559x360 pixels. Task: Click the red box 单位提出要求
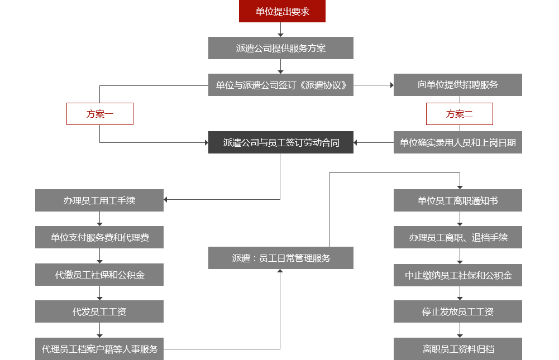tap(282, 11)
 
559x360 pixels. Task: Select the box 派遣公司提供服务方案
tap(281, 48)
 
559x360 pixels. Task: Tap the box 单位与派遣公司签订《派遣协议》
tap(281, 85)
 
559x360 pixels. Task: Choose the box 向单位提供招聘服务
tap(457, 85)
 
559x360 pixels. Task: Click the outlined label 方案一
tap(100, 114)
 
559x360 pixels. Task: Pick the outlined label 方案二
tap(459, 114)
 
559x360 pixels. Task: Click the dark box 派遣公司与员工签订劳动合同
tap(281, 142)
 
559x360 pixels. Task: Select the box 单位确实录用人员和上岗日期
tap(457, 142)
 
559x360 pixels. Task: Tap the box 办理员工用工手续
tap(99, 200)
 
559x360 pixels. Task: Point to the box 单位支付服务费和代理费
tap(99, 237)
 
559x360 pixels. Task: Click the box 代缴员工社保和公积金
tap(99, 275)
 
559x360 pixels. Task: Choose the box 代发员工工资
tap(99, 311)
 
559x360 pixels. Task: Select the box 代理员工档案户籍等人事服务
tap(99, 349)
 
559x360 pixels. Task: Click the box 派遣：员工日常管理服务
tap(281, 258)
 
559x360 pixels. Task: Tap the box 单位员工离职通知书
tap(457, 200)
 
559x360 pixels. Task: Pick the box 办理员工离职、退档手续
tap(457, 237)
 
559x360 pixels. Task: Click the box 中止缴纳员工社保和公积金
tap(457, 275)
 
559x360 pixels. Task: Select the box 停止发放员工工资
tap(457, 311)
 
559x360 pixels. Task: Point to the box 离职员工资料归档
tap(457, 349)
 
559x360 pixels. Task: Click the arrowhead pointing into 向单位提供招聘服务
tap(391, 85)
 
